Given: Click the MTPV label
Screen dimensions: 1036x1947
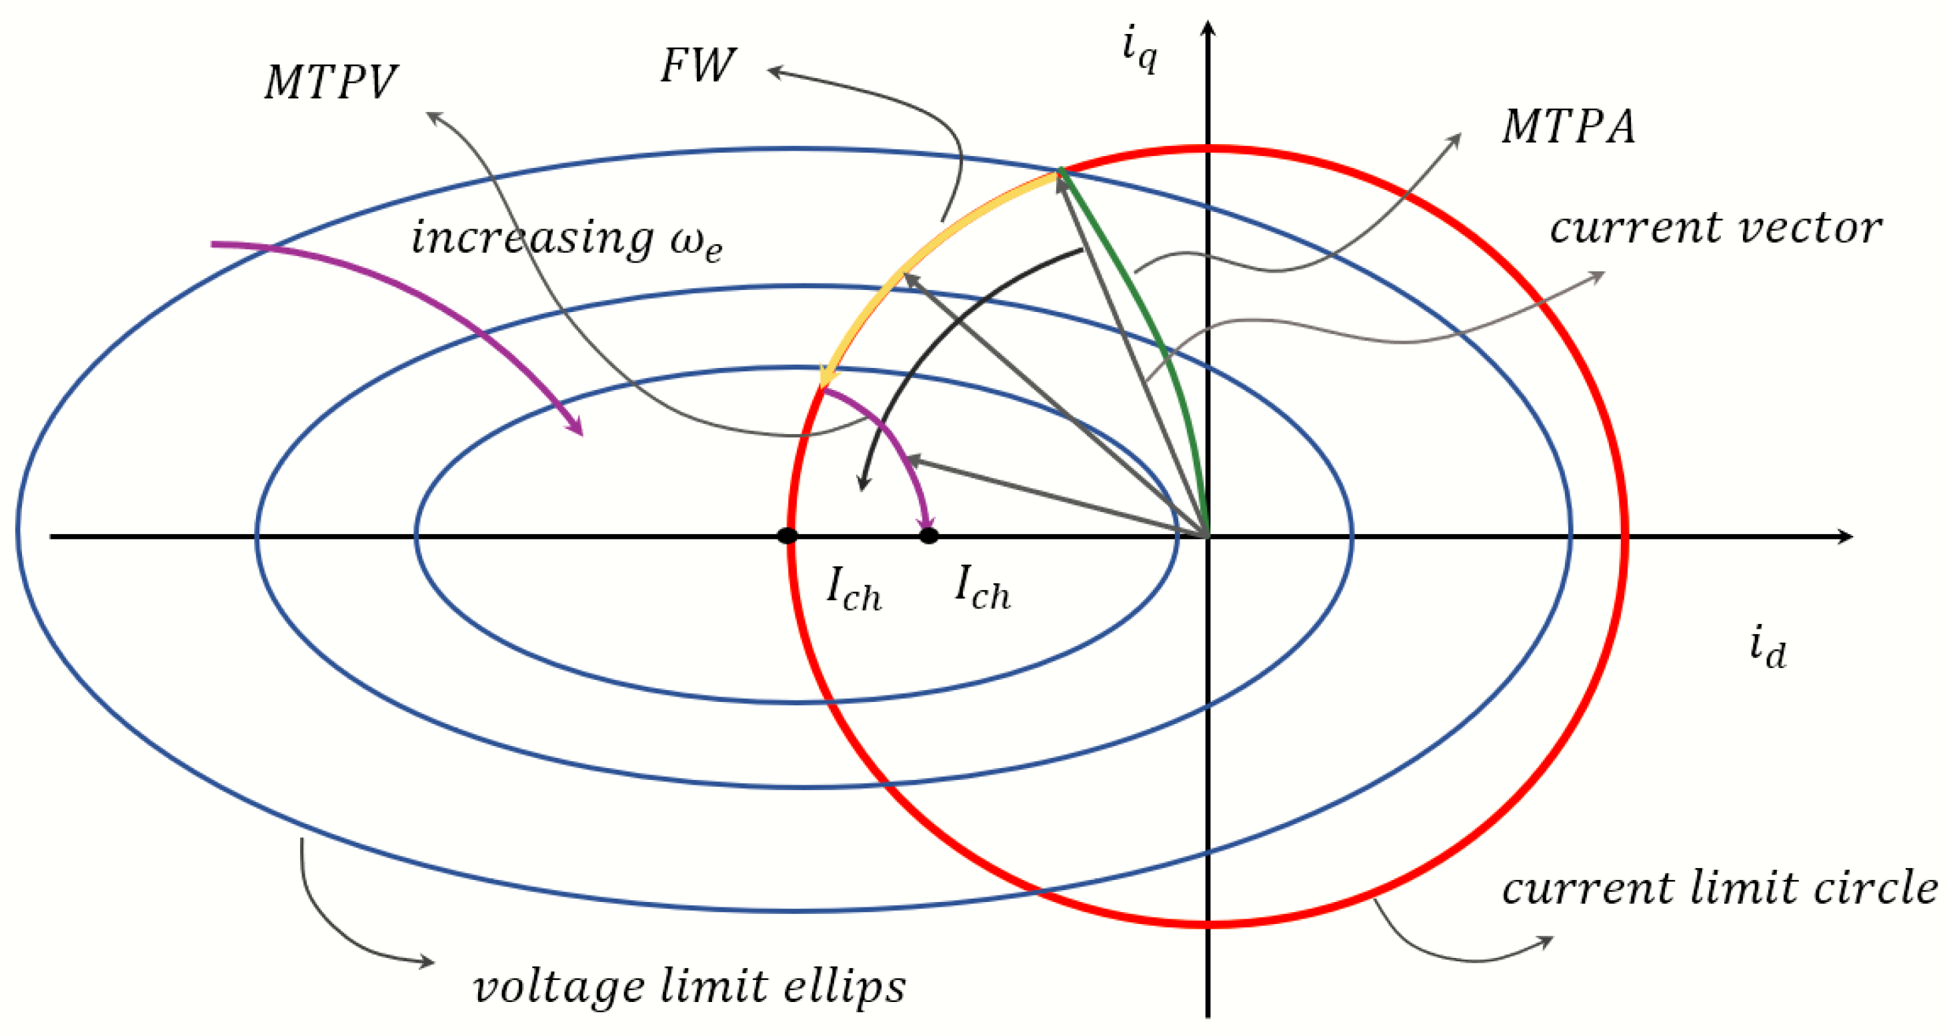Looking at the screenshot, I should (x=330, y=81).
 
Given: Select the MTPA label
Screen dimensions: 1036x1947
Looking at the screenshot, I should (x=1568, y=126).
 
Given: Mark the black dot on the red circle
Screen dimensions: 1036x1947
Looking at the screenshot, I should (x=787, y=536).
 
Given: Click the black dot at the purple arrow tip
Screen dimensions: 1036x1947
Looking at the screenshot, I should (x=929, y=536).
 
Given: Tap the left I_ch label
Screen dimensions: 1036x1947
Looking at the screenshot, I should (x=853, y=589).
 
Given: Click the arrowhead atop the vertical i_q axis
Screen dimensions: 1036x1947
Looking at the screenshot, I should (x=1208, y=29).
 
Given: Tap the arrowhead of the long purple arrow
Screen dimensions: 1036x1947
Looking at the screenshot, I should (x=576, y=426).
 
